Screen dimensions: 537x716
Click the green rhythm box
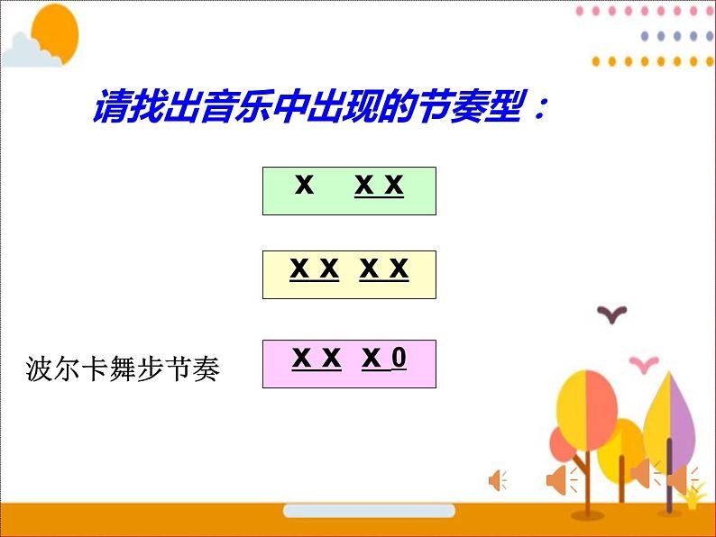349,190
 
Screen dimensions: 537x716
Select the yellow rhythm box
349,274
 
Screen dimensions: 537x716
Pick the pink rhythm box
349,363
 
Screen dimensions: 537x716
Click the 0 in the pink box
399,359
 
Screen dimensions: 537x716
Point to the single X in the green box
304,186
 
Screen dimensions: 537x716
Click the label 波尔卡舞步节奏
124,369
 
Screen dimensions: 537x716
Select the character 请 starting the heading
110,110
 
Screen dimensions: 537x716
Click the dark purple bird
613,314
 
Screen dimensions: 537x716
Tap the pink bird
643,362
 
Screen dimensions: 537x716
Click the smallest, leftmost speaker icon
497,480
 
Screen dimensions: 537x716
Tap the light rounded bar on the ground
357,511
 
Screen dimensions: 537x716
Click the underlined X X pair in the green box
379,186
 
